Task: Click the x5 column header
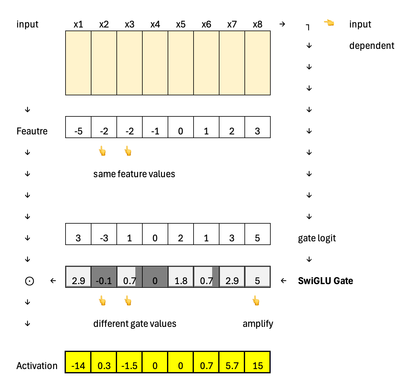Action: (181, 24)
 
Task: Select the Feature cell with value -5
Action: (78, 128)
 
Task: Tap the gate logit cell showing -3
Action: (104, 235)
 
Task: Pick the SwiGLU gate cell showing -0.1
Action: (104, 277)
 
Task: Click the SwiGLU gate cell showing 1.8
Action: (181, 277)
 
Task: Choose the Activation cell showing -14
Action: (78, 363)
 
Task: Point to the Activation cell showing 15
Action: (258, 363)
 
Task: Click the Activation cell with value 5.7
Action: (232, 363)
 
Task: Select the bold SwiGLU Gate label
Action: (325, 281)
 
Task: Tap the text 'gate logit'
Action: (317, 238)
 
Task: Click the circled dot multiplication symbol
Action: (29, 281)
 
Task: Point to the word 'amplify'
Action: (258, 324)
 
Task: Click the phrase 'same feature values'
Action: (134, 174)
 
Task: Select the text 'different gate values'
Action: (135, 324)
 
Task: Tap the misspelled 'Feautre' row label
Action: (32, 131)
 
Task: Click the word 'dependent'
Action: (372, 46)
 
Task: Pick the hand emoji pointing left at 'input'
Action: (329, 23)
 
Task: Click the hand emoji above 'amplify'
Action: (256, 301)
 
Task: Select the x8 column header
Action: (258, 24)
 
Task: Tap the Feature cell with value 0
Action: (181, 128)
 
